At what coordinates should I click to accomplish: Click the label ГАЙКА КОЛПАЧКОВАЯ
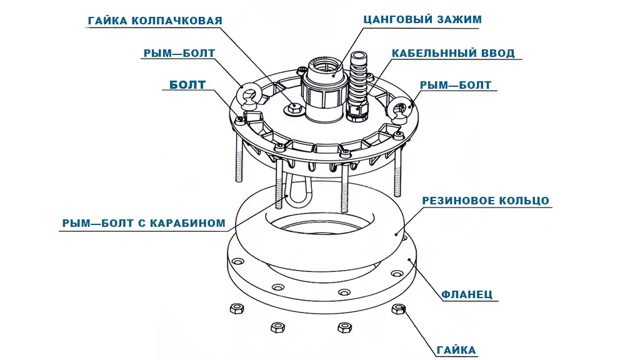(x=155, y=21)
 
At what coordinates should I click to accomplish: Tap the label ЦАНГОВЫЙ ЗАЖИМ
(x=422, y=19)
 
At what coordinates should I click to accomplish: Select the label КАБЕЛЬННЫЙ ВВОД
(x=453, y=54)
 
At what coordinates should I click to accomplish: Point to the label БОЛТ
(x=187, y=85)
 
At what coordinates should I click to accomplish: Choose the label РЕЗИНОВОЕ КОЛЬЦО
(x=486, y=201)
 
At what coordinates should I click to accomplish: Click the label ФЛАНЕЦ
(x=467, y=294)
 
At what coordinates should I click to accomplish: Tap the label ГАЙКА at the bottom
(x=457, y=350)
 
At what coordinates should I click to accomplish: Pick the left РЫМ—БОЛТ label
(x=179, y=54)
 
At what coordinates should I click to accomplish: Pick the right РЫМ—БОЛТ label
(x=456, y=85)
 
